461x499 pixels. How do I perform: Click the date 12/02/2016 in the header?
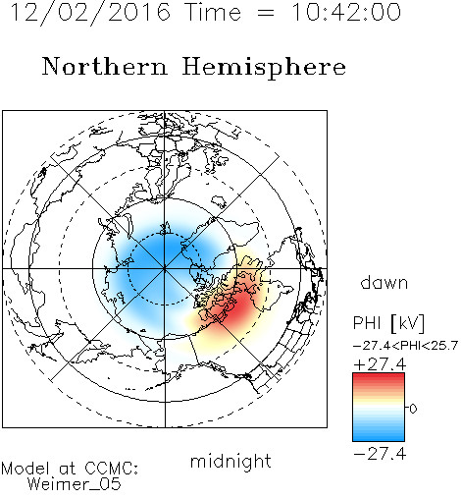point(90,13)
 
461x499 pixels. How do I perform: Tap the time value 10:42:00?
point(345,13)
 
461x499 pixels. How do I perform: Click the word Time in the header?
point(213,13)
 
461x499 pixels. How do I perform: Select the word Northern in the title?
point(105,66)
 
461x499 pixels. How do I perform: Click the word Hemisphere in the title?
point(264,68)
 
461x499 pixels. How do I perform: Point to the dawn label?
point(384,282)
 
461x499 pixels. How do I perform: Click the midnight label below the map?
point(230,462)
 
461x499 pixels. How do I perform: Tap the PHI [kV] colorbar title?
point(388,323)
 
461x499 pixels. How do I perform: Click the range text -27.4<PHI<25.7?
point(405,346)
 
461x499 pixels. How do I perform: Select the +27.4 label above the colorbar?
point(380,364)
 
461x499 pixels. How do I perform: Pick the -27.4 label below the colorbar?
point(380,454)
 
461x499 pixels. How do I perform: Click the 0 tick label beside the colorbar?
point(413,409)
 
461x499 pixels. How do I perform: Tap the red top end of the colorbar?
point(379,376)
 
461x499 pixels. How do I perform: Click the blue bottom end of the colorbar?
point(379,438)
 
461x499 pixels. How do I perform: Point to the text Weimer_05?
point(75,484)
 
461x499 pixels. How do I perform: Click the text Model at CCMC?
point(70,469)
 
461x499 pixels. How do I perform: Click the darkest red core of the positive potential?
point(239,306)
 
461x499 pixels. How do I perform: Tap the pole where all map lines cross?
point(165,269)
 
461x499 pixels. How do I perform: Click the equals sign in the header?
point(266,14)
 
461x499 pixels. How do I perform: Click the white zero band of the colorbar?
point(379,408)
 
